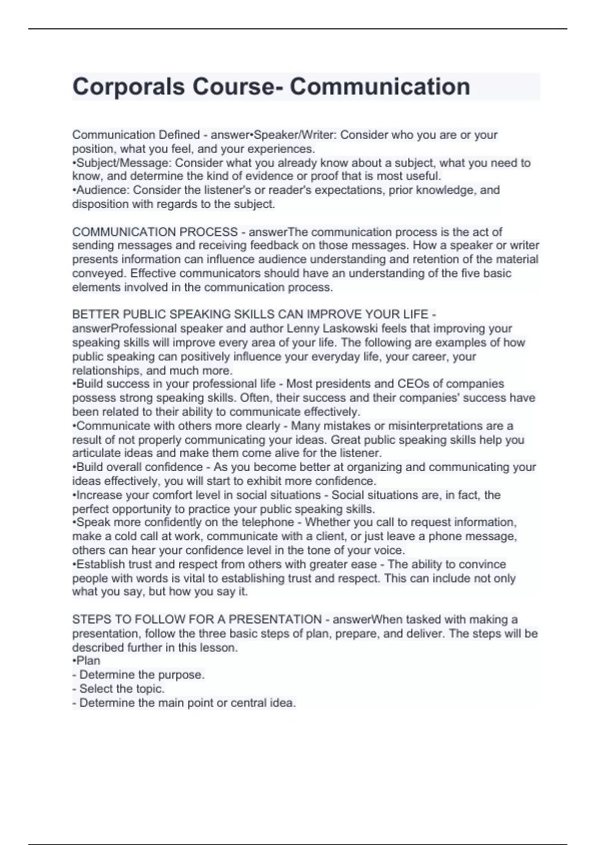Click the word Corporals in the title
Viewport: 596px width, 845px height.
tap(128, 87)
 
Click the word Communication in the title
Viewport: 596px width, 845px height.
tap(379, 87)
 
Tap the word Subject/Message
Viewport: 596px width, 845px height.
tap(124, 163)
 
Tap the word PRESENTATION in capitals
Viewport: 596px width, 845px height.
tap(275, 619)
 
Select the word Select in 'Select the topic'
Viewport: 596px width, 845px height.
tap(95, 688)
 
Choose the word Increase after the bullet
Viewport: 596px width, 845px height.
tap(99, 495)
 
